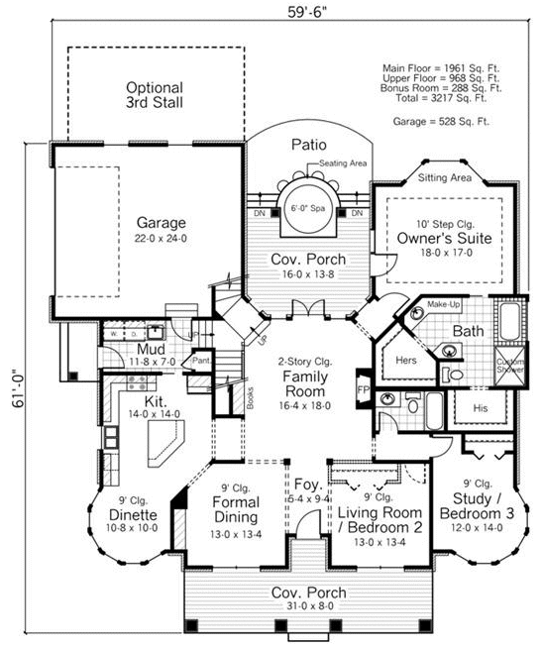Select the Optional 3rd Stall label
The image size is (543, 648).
154,94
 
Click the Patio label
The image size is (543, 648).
308,145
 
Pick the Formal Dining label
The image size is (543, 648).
235,509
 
